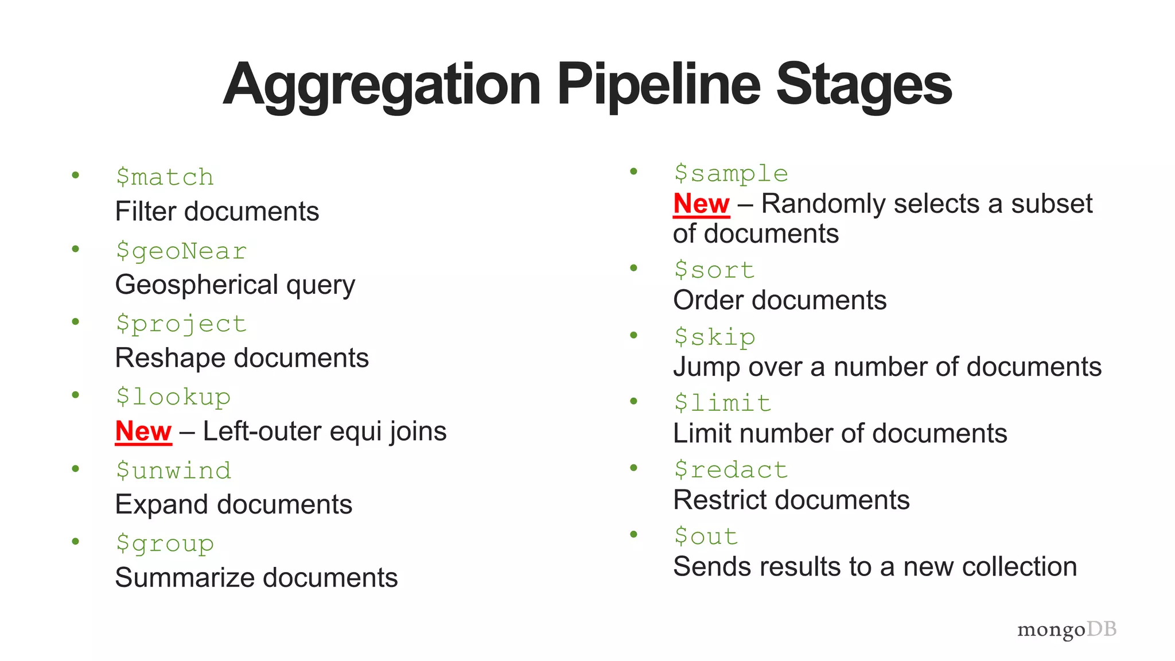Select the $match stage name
(165, 177)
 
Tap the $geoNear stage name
(181, 251)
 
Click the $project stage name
(181, 324)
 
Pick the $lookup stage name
(173, 397)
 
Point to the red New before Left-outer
(143, 431)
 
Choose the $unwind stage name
(173, 471)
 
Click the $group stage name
(165, 543)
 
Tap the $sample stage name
(731, 174)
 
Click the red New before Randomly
(701, 204)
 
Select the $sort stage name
(714, 270)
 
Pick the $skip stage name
(714, 337)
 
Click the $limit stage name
(722, 403)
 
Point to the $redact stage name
(731, 470)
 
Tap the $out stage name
(706, 536)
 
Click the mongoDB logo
(1067, 629)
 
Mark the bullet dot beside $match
(75, 175)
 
